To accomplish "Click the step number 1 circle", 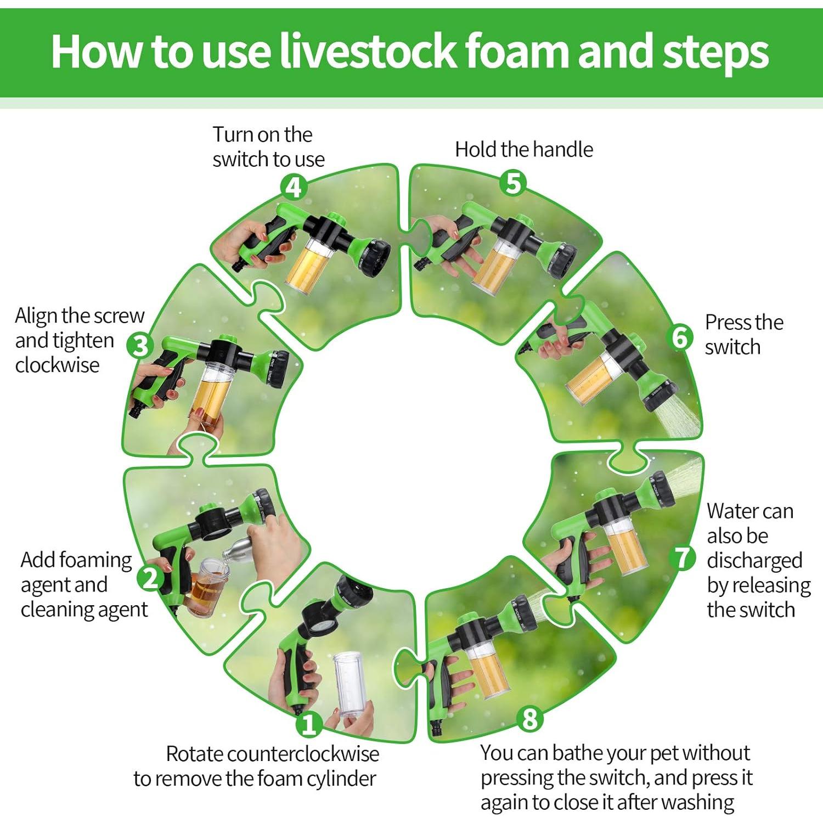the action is [x=308, y=725].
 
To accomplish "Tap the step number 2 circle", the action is [x=149, y=578].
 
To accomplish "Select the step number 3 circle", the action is [x=140, y=346].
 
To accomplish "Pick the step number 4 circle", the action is [x=294, y=188].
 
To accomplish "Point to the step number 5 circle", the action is [x=513, y=183].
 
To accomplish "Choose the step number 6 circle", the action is [x=680, y=337].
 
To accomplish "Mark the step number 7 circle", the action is [x=683, y=557].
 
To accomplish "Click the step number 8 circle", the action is [x=529, y=718].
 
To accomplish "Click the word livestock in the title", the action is [x=368, y=51].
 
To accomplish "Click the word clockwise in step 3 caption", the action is [x=58, y=365].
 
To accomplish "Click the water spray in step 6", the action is [x=680, y=415].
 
